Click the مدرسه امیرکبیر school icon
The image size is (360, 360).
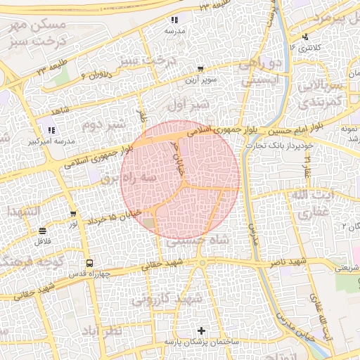point(51,129)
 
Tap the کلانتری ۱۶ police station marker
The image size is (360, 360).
point(304,37)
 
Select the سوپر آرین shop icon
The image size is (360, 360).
point(201,69)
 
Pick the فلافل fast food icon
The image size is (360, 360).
point(43,230)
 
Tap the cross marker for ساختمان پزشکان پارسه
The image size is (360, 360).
point(202,330)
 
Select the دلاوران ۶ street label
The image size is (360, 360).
point(91,73)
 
